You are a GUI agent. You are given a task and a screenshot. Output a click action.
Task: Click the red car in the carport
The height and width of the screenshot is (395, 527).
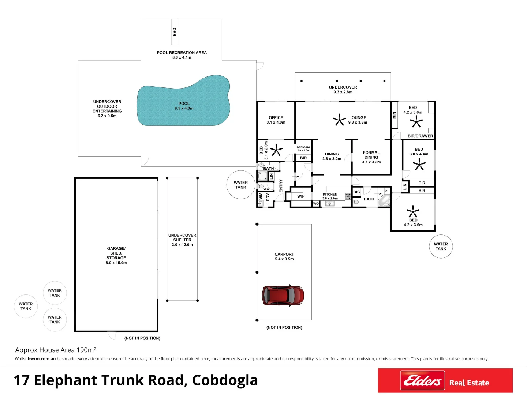[283, 296]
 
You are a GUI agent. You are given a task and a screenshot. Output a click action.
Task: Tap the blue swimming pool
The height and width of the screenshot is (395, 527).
[184, 101]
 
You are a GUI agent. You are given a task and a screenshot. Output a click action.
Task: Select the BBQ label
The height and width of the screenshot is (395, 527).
[174, 32]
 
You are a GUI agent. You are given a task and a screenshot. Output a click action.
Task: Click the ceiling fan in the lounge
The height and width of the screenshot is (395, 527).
[339, 120]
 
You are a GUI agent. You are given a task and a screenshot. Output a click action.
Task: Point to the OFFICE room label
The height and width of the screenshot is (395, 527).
[276, 117]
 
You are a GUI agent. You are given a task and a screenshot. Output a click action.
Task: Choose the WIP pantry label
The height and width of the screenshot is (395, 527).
[301, 196]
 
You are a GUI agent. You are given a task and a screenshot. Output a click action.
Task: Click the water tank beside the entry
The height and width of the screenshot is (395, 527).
[240, 185]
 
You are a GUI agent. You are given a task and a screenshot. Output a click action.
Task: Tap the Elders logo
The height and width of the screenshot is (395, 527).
[422, 380]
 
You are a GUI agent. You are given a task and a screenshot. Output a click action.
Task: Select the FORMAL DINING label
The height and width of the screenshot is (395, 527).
[371, 155]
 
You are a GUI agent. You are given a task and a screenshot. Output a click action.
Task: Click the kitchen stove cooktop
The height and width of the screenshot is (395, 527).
[348, 196]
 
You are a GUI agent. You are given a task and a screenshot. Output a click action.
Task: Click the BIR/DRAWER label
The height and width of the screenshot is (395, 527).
[420, 136]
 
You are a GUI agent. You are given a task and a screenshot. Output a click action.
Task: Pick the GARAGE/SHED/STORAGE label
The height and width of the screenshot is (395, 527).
[116, 253]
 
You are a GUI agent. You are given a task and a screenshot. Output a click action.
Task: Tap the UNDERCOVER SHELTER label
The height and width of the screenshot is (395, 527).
[182, 237]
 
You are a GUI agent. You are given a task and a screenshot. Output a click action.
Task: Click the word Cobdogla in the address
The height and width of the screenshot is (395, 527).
[225, 380]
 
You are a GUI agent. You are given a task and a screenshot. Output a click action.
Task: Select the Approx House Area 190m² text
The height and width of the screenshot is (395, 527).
[56, 350]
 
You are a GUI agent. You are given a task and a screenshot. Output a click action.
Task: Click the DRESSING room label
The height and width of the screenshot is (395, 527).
[303, 147]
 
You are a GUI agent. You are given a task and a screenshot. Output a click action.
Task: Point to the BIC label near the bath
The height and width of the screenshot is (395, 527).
[356, 192]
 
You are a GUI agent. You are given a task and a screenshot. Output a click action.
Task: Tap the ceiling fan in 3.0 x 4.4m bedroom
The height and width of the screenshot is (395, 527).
[419, 165]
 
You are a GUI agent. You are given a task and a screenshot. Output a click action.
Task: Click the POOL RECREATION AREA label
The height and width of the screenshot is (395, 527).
[182, 53]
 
